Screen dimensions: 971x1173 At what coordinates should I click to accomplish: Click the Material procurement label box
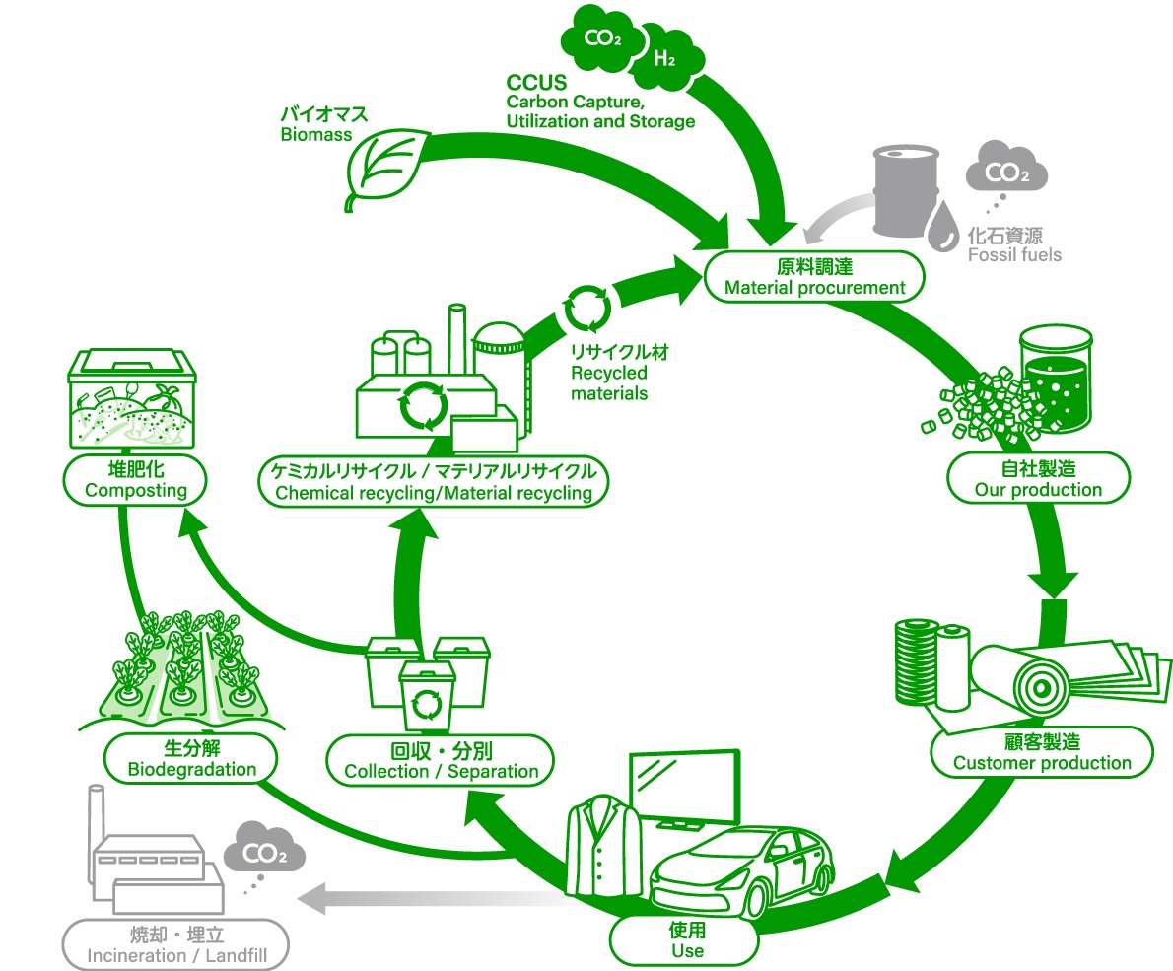(x=814, y=277)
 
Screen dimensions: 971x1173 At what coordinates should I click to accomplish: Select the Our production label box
(x=1037, y=478)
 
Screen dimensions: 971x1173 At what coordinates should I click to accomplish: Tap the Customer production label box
(x=1042, y=752)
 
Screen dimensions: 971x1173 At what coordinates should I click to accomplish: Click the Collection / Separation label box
(x=441, y=761)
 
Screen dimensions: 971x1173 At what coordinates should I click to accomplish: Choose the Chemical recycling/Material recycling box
(x=433, y=482)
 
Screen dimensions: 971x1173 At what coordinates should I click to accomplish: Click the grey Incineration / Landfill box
(x=177, y=944)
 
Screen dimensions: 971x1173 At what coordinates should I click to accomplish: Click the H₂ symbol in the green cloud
(x=665, y=57)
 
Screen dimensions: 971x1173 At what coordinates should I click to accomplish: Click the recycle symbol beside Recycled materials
(x=587, y=308)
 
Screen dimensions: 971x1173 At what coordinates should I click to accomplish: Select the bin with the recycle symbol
(x=427, y=703)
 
